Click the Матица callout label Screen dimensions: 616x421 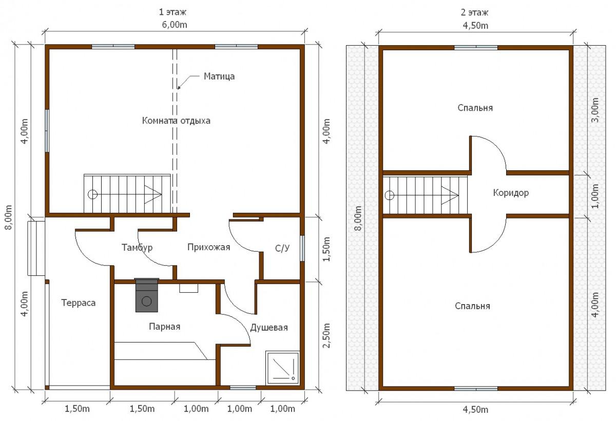219,76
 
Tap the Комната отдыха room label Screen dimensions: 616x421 176,121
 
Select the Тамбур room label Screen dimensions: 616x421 137,248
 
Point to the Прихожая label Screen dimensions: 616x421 209,247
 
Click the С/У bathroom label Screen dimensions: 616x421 282,248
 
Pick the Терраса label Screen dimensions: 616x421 79,303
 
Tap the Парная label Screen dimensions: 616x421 164,327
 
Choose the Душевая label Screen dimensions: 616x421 269,327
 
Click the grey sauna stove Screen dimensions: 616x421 147,295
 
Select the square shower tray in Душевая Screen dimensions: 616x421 282,368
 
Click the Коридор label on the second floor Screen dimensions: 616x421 511,193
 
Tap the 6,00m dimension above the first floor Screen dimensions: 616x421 175,25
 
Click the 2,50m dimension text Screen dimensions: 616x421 326,335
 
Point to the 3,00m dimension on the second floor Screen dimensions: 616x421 594,110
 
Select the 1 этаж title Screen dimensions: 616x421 172,12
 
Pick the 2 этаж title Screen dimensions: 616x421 475,13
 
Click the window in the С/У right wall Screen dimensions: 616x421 302,248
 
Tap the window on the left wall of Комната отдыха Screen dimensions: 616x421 47,131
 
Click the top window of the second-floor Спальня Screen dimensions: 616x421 476,48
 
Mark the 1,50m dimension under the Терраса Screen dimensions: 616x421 78,409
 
